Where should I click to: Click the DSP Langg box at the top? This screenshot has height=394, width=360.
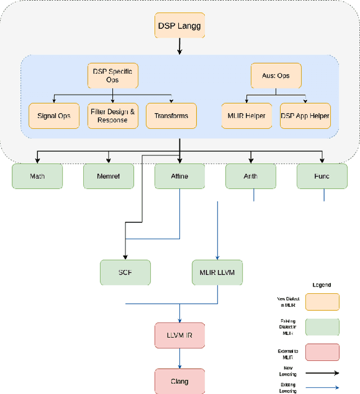coord(179,25)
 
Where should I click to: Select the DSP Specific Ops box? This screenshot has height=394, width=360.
coord(112,75)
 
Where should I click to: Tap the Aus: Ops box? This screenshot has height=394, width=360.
coord(276,75)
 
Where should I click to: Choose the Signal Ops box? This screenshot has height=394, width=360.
coord(54,115)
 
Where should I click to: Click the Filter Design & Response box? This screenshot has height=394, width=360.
coord(112,115)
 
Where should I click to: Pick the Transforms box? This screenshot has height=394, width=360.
coord(171,115)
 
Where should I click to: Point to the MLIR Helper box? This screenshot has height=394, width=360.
coord(246,115)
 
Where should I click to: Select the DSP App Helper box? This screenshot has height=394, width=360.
coord(305,115)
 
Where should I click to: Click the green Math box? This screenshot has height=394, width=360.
coord(37,176)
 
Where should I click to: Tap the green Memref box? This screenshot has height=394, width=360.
coord(109,176)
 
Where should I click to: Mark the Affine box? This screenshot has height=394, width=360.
coord(179,176)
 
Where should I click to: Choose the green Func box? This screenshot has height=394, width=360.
coord(322,176)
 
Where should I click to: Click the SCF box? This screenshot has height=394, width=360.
coord(125,272)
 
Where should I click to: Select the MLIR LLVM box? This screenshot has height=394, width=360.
coord(217,272)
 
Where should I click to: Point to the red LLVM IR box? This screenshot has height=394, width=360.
coord(179,335)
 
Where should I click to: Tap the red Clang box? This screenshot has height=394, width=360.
coord(179,380)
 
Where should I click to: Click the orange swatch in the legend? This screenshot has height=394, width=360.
coord(322,302)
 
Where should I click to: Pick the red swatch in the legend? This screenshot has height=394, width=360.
coord(322,352)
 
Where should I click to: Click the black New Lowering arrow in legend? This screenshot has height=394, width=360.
coord(322,372)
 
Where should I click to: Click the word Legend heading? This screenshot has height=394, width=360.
coord(322,285)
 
